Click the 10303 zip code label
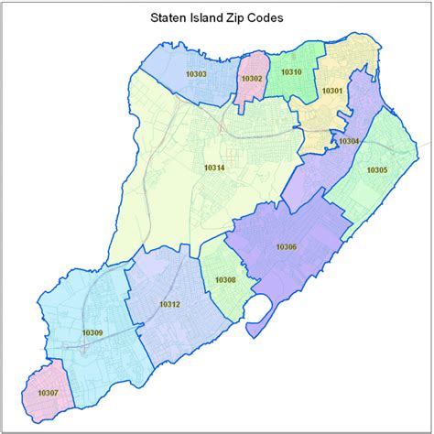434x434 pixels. pyautogui.click(x=196, y=74)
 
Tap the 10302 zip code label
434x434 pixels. pyautogui.click(x=252, y=80)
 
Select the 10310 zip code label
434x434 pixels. pyautogui.click(x=291, y=71)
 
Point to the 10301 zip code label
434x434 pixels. pyautogui.click(x=331, y=91)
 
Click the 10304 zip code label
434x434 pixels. pyautogui.click(x=349, y=141)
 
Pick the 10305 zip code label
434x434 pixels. pyautogui.click(x=376, y=169)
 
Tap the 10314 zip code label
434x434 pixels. pyautogui.click(x=214, y=168)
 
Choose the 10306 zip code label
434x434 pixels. pyautogui.click(x=286, y=247)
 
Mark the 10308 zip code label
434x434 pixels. pyautogui.click(x=225, y=279)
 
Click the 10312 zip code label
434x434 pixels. pyautogui.click(x=169, y=303)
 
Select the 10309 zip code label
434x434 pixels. pyautogui.click(x=92, y=331)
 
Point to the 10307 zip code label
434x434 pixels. pyautogui.click(x=49, y=392)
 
